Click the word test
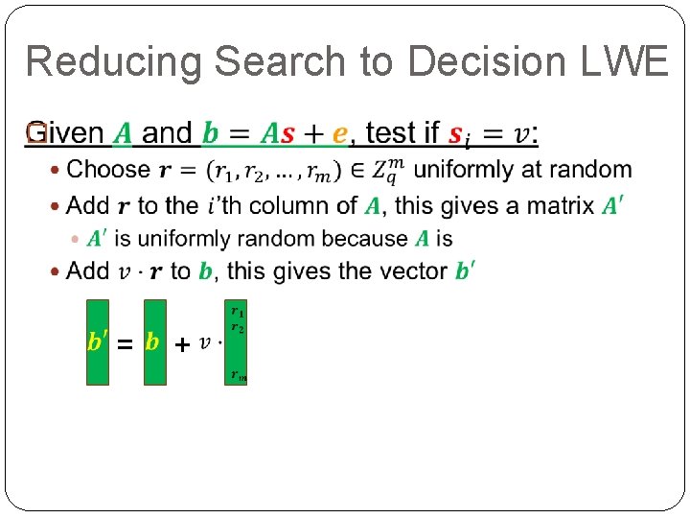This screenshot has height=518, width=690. (x=391, y=133)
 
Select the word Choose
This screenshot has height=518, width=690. (x=108, y=170)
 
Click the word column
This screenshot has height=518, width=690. (x=285, y=204)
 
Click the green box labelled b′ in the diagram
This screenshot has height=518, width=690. (x=98, y=342)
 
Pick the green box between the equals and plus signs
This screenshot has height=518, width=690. (x=155, y=342)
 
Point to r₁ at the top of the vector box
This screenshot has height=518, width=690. (x=237, y=312)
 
